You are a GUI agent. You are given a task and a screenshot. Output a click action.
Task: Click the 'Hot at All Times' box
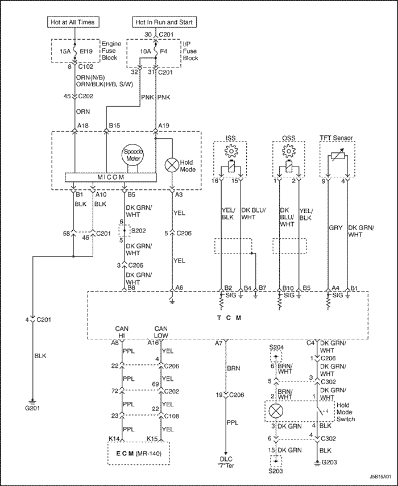pos(74,22)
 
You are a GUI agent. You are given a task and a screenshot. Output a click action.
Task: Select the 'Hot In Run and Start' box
pos(164,22)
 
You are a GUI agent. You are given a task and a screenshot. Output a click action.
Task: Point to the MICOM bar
pos(111,177)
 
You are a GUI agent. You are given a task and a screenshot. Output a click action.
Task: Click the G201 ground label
pos(32,408)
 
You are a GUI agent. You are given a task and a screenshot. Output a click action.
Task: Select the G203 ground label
pos(329,462)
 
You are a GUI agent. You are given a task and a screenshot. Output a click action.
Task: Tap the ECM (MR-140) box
pos(139,453)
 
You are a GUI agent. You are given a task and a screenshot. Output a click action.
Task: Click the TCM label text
pos(229,318)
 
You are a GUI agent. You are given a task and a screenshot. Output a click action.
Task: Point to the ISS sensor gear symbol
pos(231,151)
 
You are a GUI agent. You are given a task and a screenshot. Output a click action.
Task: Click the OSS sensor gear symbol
pos(289,151)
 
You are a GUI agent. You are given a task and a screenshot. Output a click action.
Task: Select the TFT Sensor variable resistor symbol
pos(337,156)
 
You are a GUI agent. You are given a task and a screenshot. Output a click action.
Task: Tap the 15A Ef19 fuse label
pos(76,51)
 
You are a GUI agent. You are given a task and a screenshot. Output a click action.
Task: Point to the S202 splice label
pos(138,231)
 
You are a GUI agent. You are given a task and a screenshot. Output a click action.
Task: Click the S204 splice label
pos(276,347)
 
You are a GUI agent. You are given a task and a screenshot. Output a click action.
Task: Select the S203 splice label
pos(276,471)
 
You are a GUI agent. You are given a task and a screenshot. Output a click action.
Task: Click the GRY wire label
pos(335,228)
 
